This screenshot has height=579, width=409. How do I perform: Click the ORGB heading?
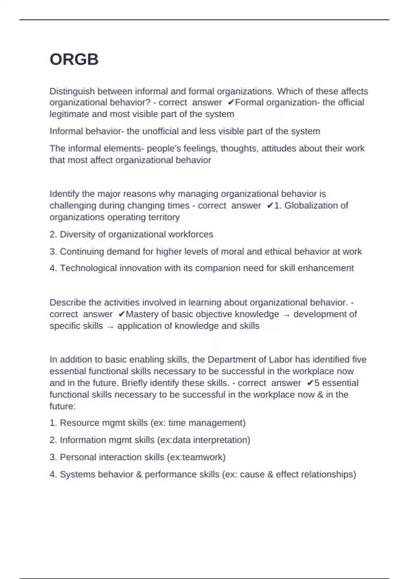(x=74, y=60)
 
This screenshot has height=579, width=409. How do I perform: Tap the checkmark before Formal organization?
(x=231, y=103)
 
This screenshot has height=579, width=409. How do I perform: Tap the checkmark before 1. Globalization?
(x=270, y=206)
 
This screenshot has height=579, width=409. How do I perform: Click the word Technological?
(x=88, y=268)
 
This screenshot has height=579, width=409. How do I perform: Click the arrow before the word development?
(x=286, y=315)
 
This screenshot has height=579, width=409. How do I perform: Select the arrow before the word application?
(x=110, y=327)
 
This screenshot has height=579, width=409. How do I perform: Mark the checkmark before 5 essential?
(x=310, y=383)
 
